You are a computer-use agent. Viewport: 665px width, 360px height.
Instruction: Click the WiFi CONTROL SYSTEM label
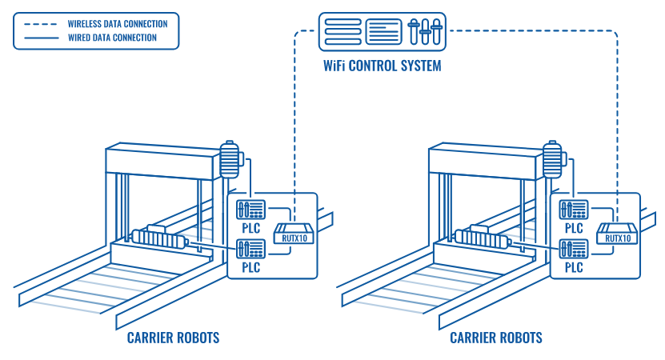pos(382,66)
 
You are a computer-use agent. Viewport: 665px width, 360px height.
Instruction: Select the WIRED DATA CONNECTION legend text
pos(112,38)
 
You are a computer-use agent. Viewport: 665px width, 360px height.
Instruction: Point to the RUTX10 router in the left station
pos(294,234)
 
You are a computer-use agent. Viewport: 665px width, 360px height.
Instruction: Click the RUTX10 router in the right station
pos(618,234)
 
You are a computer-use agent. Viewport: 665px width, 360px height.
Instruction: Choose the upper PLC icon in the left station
pos(251,210)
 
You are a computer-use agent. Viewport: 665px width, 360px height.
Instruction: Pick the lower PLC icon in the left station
pos(251,248)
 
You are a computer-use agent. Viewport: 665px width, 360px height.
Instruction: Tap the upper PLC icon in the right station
pos(574,210)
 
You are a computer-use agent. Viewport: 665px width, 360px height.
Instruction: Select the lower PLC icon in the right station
pos(574,248)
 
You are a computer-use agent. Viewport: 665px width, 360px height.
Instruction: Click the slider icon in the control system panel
pos(426,31)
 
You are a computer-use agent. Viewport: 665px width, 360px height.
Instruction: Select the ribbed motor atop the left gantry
pos(230,160)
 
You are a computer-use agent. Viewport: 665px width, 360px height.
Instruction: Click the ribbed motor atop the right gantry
pos(553,160)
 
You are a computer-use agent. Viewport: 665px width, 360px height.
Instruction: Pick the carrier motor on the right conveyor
pos(482,238)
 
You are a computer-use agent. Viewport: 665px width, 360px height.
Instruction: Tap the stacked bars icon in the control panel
pos(343,31)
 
